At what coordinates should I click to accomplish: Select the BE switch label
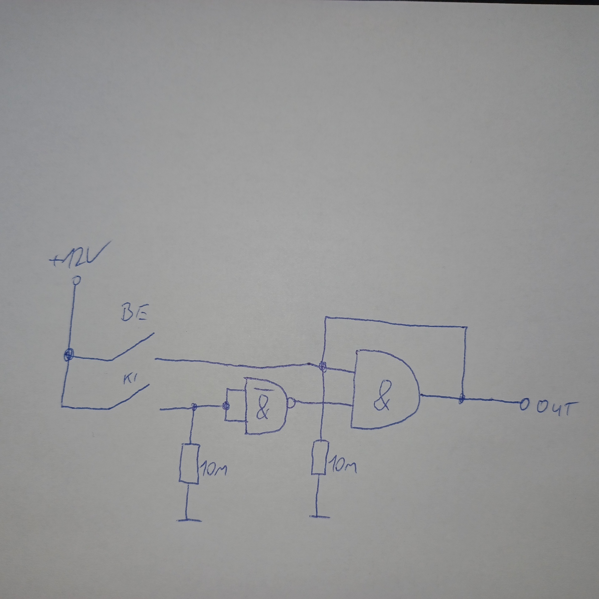(x=134, y=317)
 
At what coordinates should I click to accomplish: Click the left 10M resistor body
(x=189, y=464)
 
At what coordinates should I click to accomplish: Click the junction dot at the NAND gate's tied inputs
(x=225, y=405)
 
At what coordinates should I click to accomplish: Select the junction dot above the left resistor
(x=194, y=406)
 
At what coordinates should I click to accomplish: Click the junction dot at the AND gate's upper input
(x=324, y=365)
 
